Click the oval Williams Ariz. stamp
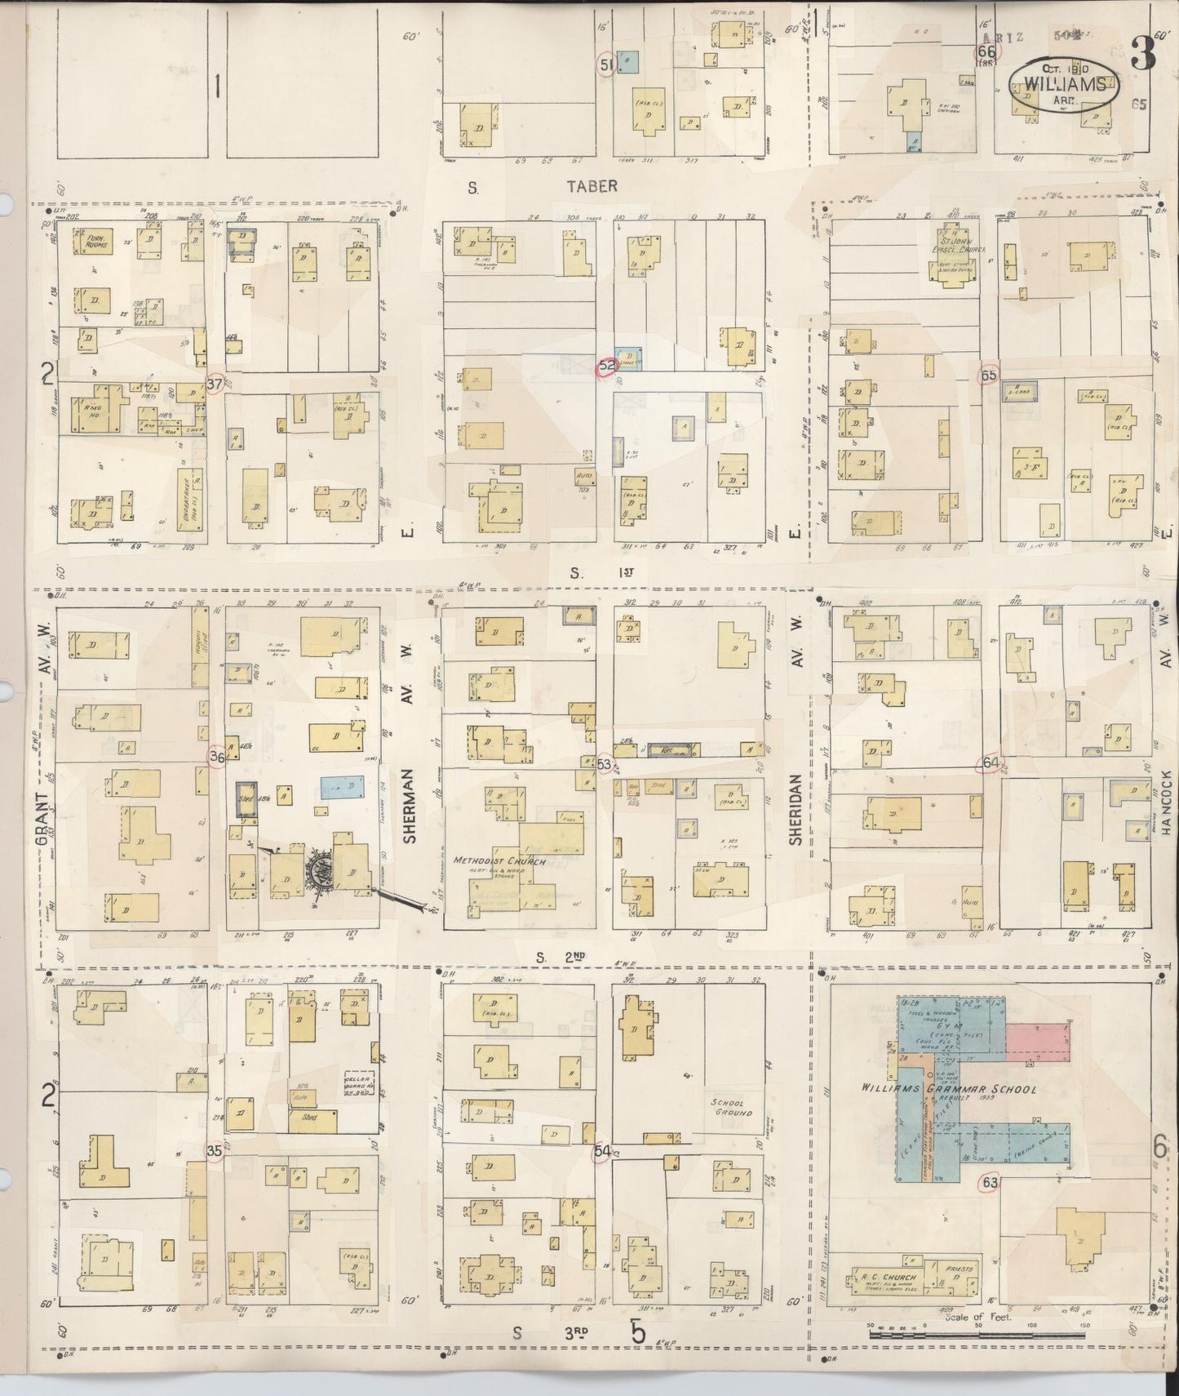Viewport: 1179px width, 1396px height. click(1063, 83)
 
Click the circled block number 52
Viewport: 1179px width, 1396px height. click(607, 367)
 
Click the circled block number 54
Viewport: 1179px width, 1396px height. click(602, 1151)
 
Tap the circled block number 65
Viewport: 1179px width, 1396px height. click(989, 376)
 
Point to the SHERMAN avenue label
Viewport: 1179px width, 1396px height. click(410, 804)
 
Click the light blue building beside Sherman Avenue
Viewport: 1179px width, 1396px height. click(343, 786)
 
